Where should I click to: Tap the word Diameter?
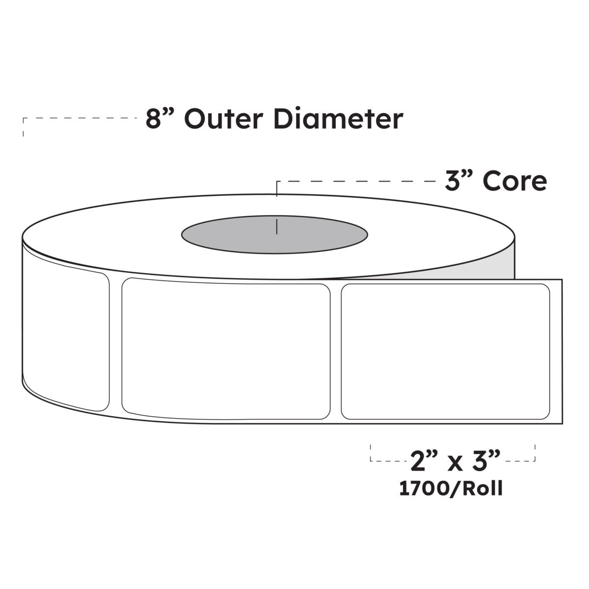click(x=338, y=119)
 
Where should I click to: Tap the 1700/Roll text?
click(x=451, y=489)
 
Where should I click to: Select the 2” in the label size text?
click(x=420, y=461)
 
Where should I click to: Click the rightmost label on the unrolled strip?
click(x=445, y=351)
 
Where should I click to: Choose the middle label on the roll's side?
click(x=225, y=349)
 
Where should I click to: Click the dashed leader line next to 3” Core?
click(x=358, y=182)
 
